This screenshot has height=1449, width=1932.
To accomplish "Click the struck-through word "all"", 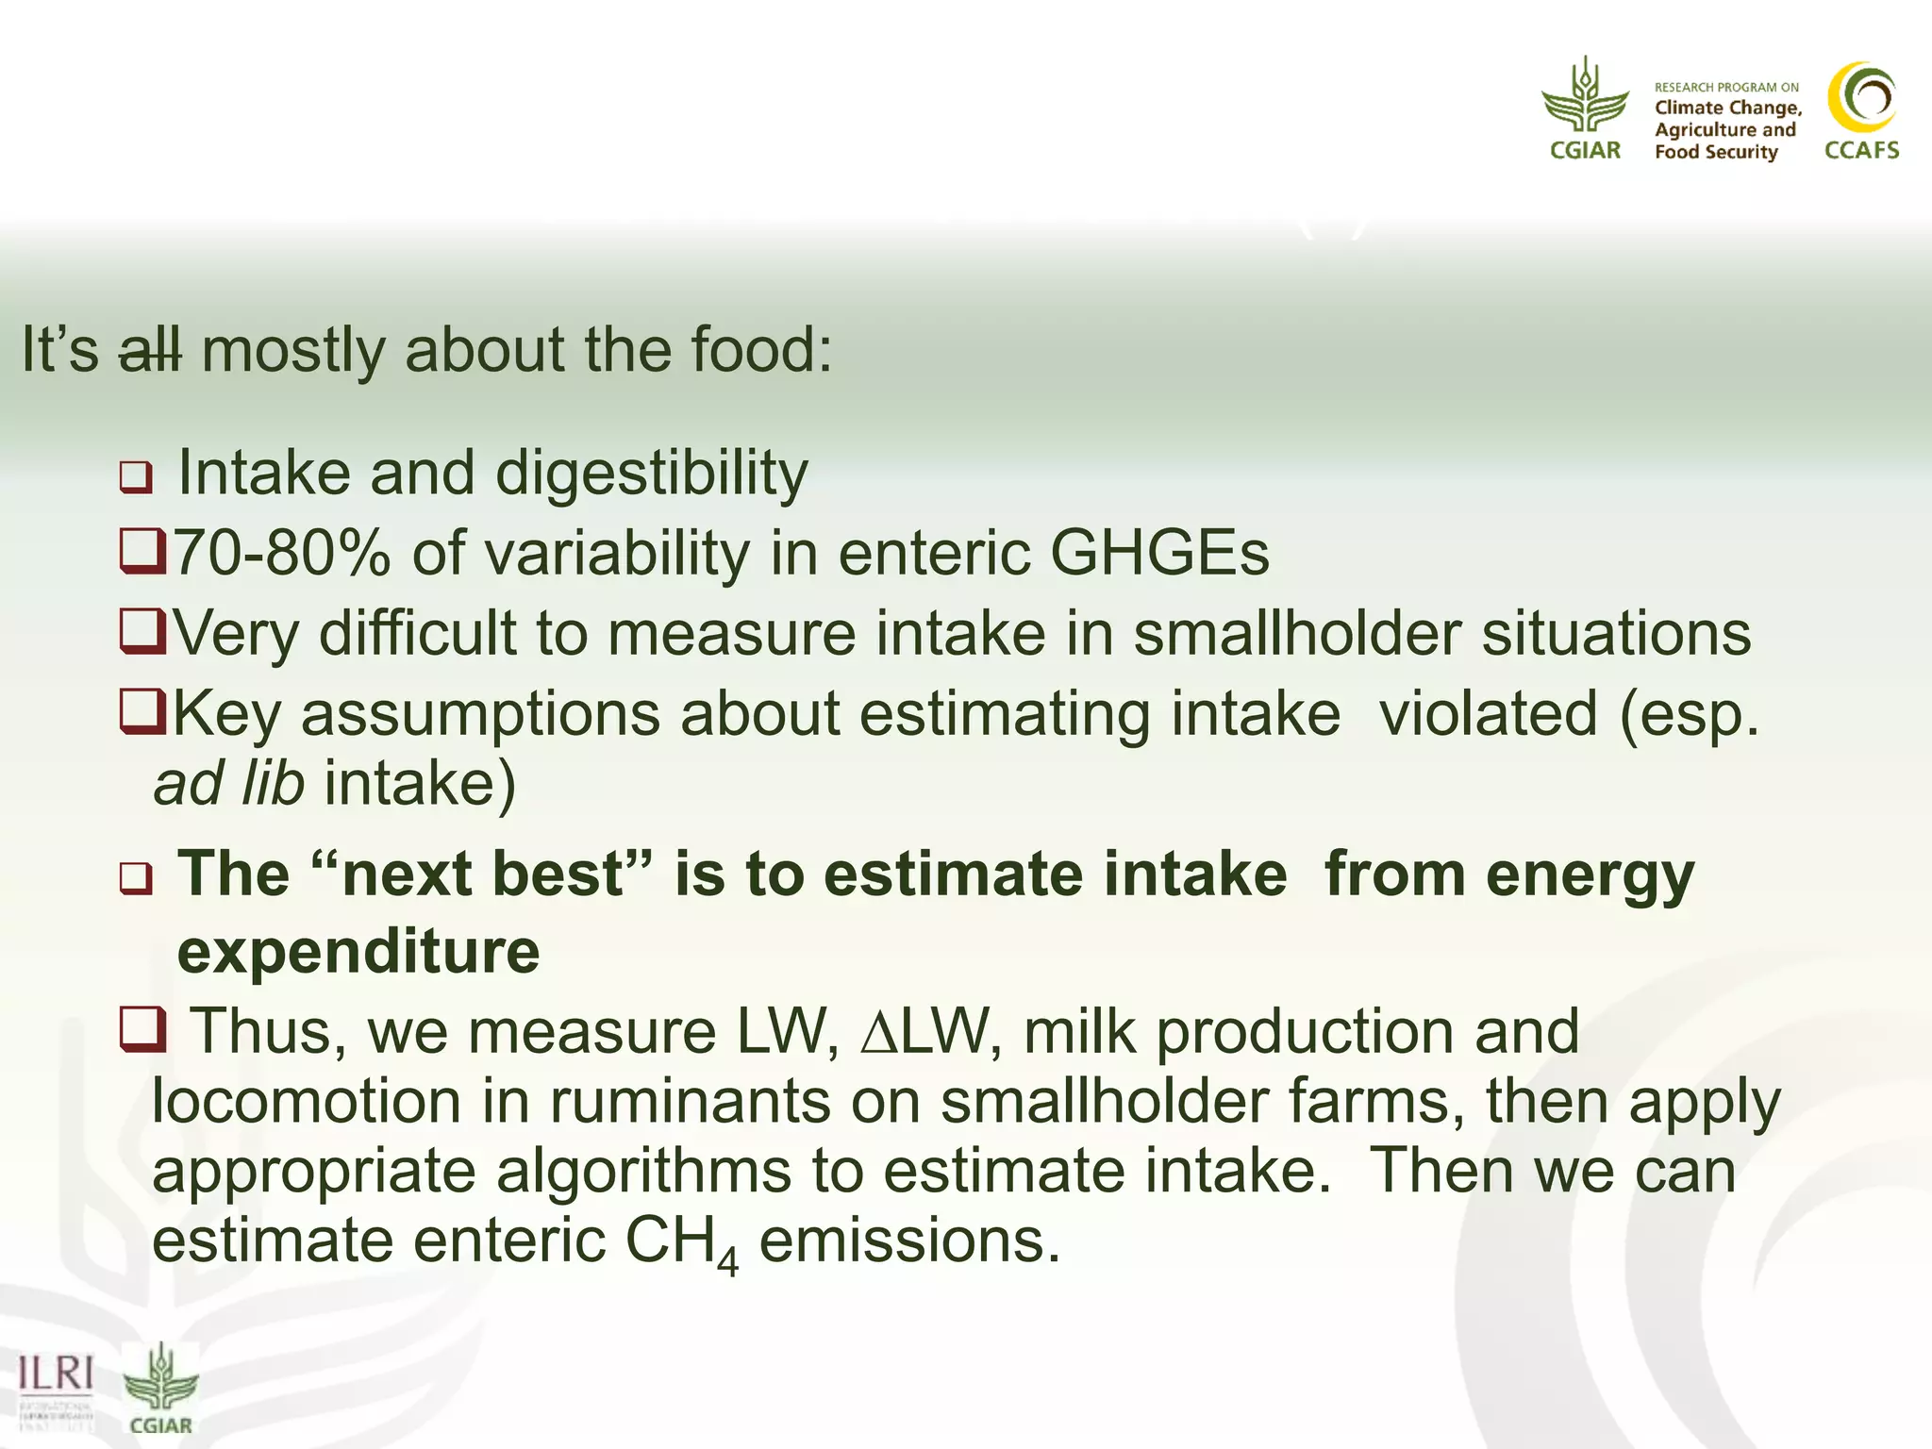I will pos(149,351).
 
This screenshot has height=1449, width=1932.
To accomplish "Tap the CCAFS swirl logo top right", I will pos(1861,98).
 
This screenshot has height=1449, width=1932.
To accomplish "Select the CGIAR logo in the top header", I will pos(1585,108).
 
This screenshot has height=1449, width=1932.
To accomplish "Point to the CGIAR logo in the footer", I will pos(161,1388).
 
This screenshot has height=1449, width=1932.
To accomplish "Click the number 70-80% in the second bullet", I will pos(281,554).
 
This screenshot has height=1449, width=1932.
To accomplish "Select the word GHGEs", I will pos(1159,554).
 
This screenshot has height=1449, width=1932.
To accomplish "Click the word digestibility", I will pos(651,474).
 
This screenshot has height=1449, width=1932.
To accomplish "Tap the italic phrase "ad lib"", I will pos(229,784).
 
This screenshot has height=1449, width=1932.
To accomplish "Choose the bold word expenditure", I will pos(358,952).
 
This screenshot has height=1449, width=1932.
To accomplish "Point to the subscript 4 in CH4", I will pos(727,1262).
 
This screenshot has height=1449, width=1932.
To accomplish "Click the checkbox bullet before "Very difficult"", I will pos(142,631).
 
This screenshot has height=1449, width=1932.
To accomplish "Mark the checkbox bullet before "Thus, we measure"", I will pos(142,1030).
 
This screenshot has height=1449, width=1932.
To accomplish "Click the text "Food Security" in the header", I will pos(1715,152).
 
